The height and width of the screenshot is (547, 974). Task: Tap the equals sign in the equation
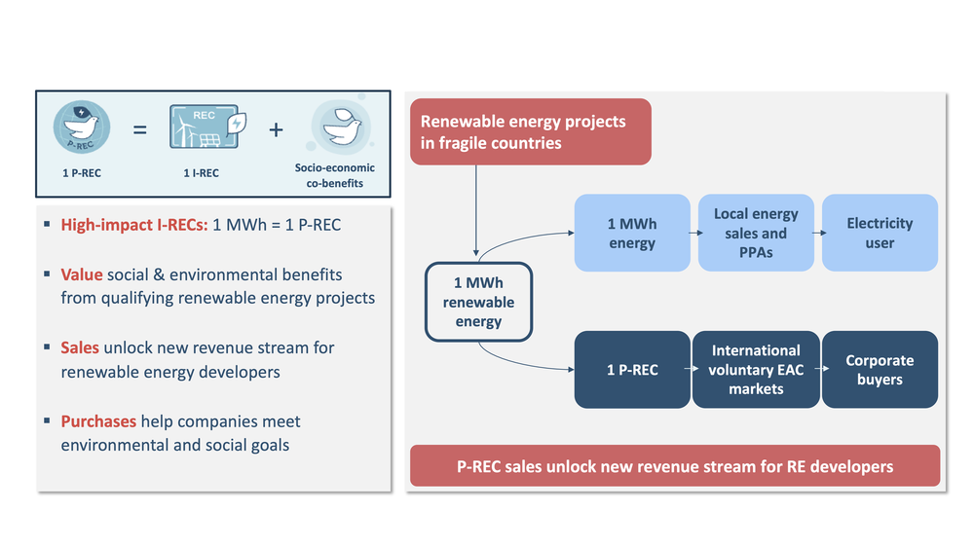click(x=139, y=128)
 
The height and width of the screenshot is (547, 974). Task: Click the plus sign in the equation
click(x=277, y=128)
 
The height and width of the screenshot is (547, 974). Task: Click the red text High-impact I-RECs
click(x=133, y=225)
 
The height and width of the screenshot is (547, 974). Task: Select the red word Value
click(x=81, y=274)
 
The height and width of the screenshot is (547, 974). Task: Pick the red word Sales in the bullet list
click(x=80, y=347)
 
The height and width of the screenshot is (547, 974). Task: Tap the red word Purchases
click(x=98, y=421)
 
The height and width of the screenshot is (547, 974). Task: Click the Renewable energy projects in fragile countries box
click(x=530, y=131)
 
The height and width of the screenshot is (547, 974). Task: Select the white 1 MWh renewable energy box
click(x=478, y=302)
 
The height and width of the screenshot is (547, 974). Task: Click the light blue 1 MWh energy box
click(x=632, y=233)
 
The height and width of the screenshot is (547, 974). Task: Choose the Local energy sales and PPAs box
click(x=756, y=233)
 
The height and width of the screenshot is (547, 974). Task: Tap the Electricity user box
click(x=880, y=233)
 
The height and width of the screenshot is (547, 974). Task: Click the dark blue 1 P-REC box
click(x=632, y=370)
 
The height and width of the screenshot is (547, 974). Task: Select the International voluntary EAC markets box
click(x=756, y=370)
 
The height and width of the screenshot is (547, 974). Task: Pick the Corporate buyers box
click(x=880, y=370)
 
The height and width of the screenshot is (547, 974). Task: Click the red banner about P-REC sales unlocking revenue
click(x=675, y=466)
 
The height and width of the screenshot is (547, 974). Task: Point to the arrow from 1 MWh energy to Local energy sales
click(x=694, y=234)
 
